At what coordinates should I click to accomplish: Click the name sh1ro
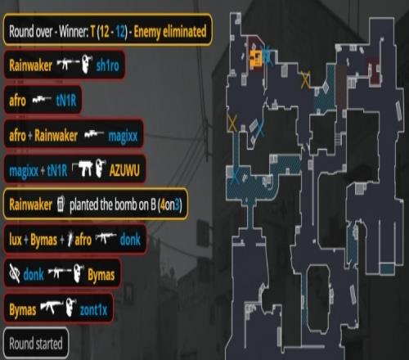point(107,65)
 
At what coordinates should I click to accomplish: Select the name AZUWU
point(124,170)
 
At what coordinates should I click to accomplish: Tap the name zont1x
point(93,310)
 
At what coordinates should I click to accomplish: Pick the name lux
point(16,240)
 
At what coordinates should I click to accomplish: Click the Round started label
point(36,344)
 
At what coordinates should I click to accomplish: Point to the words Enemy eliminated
point(170,31)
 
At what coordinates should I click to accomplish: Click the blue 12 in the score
point(120,32)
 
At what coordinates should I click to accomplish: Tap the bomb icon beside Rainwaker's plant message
point(61,204)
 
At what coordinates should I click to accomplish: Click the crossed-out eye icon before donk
point(15,273)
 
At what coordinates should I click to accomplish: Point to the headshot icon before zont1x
point(71,308)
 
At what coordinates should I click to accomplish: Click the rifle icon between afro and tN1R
point(42,101)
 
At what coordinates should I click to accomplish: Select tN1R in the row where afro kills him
point(66,101)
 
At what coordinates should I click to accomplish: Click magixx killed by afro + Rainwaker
point(123,136)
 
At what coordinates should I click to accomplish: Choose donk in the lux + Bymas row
point(130,240)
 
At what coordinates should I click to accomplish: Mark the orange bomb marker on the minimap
point(255,58)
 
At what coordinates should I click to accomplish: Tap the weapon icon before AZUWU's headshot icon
point(83,169)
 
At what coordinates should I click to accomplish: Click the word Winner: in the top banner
point(74,31)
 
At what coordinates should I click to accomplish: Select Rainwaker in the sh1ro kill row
point(30,65)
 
